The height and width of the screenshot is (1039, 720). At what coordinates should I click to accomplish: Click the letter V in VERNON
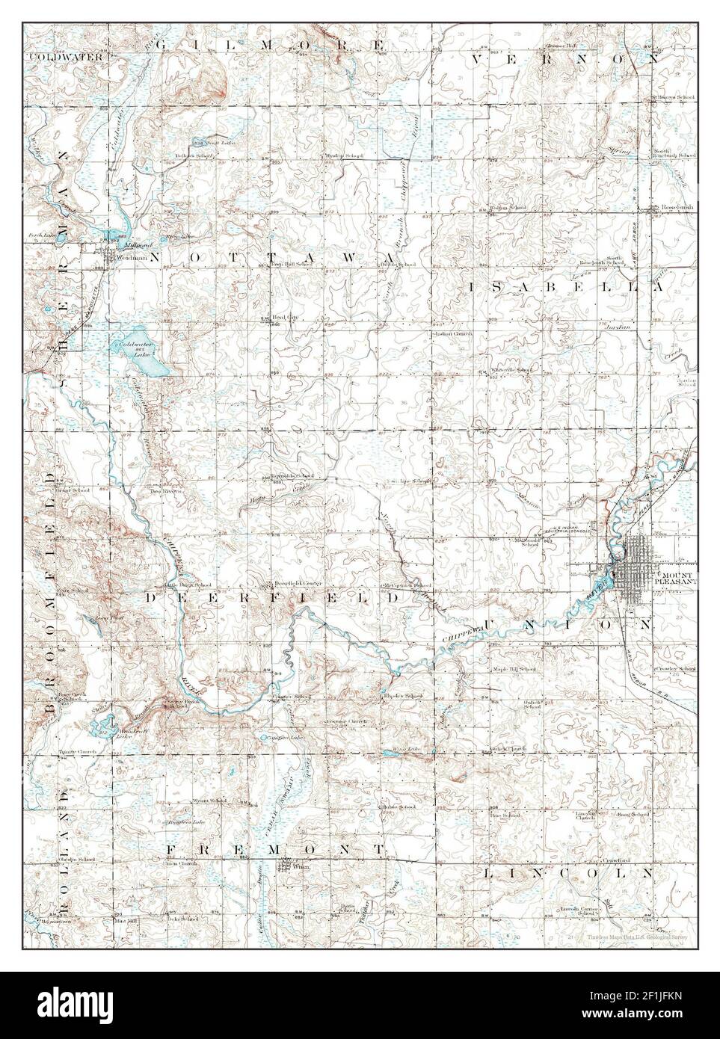499,58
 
